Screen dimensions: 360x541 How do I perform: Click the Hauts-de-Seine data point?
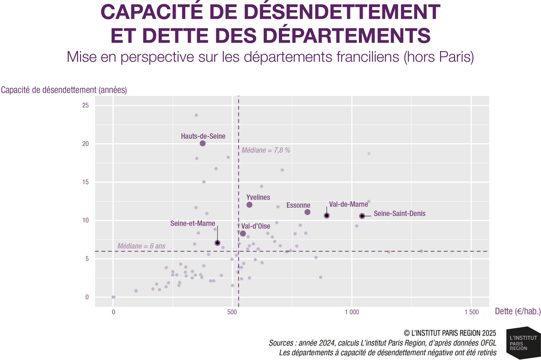pos(203,144)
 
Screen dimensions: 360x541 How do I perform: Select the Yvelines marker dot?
pos(249,205)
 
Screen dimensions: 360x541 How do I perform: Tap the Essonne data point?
pos(307,212)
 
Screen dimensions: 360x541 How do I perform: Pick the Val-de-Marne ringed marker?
pos(326,215)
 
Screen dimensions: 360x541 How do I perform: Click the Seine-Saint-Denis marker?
pos(362,216)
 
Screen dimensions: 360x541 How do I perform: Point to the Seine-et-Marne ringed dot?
pos(218,243)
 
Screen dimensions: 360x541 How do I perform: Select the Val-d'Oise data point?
pos(243,233)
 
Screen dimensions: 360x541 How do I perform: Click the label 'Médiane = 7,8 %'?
pos(266,150)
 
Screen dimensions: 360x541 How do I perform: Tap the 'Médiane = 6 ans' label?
pos(141,246)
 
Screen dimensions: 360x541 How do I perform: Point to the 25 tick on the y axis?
pos(85,106)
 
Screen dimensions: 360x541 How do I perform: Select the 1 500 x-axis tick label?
pos(471,313)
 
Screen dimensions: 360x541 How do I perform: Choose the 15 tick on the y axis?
pos(85,182)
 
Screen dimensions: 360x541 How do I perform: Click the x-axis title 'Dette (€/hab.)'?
pos(518,311)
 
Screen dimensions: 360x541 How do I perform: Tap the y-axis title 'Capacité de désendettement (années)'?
pos(64,90)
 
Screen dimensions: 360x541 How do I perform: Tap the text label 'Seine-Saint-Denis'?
pos(400,213)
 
